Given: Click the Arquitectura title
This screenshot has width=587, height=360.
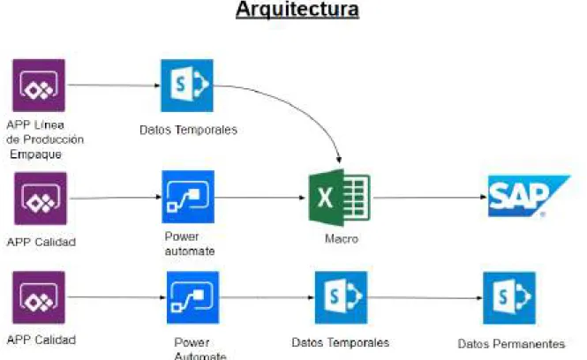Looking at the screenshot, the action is click(x=297, y=10).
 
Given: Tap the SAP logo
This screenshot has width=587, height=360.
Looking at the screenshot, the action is click(x=529, y=196).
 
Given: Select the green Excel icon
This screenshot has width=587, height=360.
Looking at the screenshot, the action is click(x=339, y=198).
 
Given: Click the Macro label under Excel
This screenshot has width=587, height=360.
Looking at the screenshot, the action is click(x=342, y=239).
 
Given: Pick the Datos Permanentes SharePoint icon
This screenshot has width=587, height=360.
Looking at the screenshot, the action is click(x=509, y=298).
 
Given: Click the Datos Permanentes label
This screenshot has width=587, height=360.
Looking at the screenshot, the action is click(x=511, y=343).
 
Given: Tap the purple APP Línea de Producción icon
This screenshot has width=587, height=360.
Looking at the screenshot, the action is click(x=39, y=86).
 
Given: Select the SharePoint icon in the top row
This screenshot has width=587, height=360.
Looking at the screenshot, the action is click(x=187, y=86).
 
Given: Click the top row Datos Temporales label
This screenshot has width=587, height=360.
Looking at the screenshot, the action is click(x=188, y=130).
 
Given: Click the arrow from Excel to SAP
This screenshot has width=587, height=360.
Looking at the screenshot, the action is click(x=430, y=198).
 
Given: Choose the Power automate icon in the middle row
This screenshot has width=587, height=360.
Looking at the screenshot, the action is click(x=188, y=197).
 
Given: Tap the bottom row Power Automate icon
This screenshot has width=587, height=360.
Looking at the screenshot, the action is click(x=192, y=297).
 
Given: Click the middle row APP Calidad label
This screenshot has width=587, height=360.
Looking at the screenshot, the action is click(x=41, y=242).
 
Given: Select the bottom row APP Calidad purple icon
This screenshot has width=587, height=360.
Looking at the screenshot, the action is click(x=39, y=297).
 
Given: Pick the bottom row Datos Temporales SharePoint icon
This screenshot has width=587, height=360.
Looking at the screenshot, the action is click(x=341, y=297).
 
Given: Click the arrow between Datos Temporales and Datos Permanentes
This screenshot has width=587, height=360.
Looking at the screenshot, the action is click(x=425, y=298).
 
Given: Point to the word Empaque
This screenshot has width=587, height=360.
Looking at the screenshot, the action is click(x=35, y=154).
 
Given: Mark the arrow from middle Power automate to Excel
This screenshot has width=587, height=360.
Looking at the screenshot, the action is click(x=260, y=198).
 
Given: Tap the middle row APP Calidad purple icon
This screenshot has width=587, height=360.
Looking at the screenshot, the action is click(x=41, y=199).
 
